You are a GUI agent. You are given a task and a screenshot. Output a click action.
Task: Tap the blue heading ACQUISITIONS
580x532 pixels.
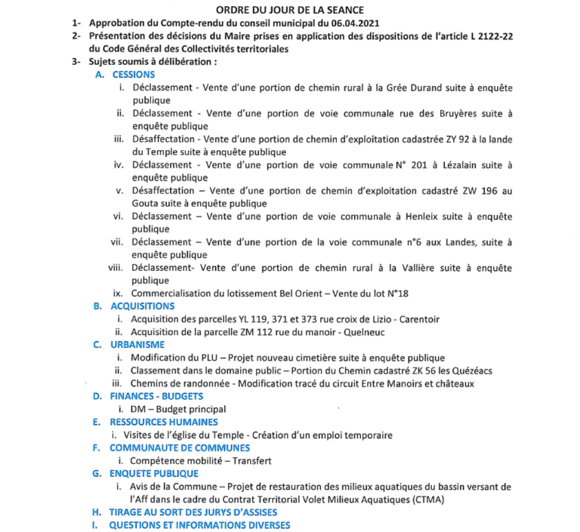pyautogui.click(x=142, y=306)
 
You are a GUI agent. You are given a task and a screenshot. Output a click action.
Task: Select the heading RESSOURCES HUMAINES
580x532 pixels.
pyautogui.click(x=164, y=422)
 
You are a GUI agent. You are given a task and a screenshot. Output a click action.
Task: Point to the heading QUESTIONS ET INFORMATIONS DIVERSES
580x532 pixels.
pyautogui.click(x=199, y=524)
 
